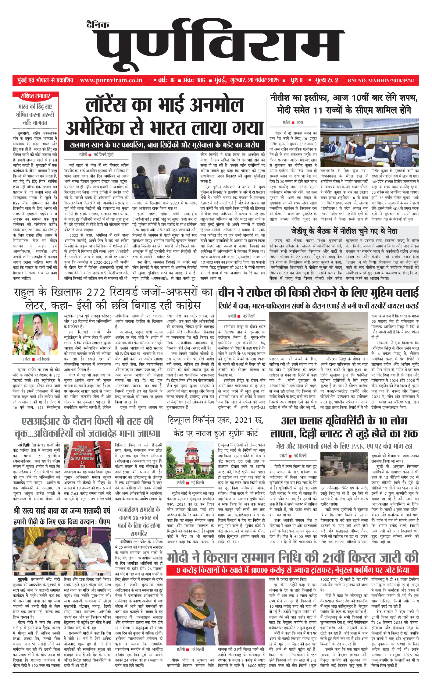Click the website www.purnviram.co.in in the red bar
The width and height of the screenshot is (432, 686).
pyautogui.click(x=111, y=80)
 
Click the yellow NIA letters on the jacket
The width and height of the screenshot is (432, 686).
pyautogui.click(x=184, y=180)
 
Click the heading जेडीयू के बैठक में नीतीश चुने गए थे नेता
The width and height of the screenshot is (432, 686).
pyautogui.click(x=344, y=231)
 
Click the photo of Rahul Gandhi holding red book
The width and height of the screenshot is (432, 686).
pyautogui.click(x=35, y=333)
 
